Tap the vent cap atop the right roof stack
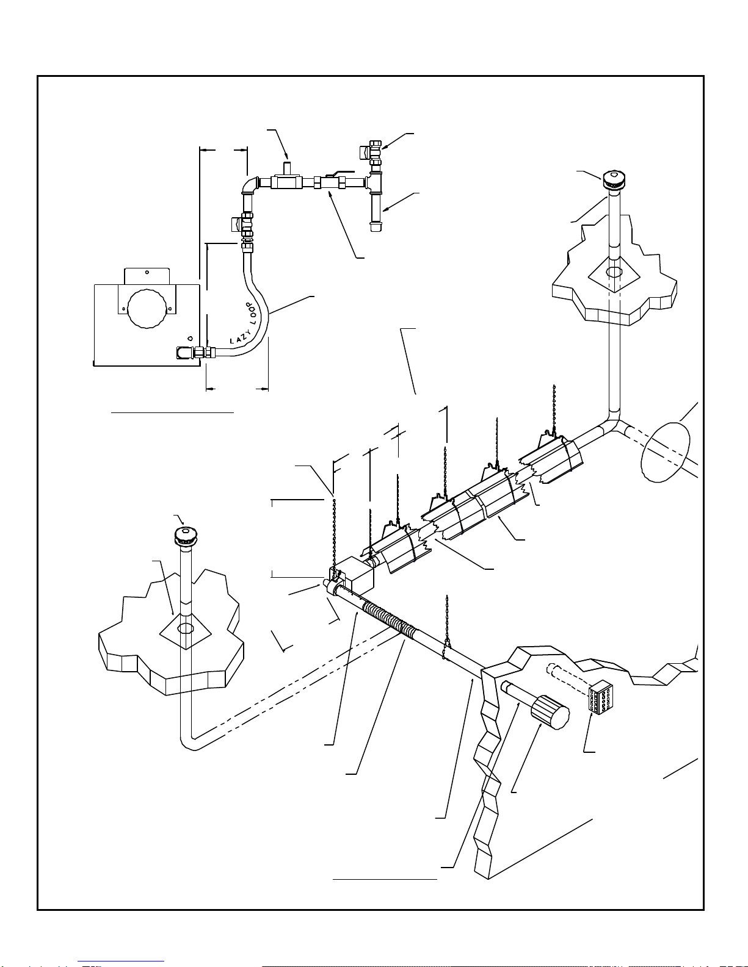point(614,180)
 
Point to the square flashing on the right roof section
point(614,274)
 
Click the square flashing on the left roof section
point(186,630)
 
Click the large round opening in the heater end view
point(147,308)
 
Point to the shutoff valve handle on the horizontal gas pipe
point(341,173)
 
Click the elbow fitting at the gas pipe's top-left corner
point(251,185)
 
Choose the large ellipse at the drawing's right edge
point(665,451)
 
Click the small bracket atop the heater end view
point(147,276)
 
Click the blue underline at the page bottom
point(121,962)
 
